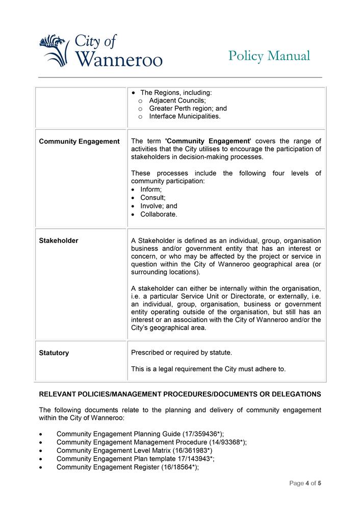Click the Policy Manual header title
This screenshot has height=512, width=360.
pos(269,56)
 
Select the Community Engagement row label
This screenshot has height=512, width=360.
pos(79,141)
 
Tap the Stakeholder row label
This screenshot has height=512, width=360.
pos(59,240)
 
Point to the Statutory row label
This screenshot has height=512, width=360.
pos(54,353)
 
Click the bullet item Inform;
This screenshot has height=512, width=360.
pos(151,190)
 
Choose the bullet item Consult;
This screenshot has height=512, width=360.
pos(153,198)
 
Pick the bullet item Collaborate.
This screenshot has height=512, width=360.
pos(159,214)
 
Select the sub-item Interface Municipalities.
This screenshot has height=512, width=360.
pos(185,117)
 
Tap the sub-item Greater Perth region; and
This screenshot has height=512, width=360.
pos(188,109)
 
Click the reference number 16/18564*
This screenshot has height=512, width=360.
pos(179,467)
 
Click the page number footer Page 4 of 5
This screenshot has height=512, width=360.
pos(305,483)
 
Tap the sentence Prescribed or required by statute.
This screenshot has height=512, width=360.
pos(182,353)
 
